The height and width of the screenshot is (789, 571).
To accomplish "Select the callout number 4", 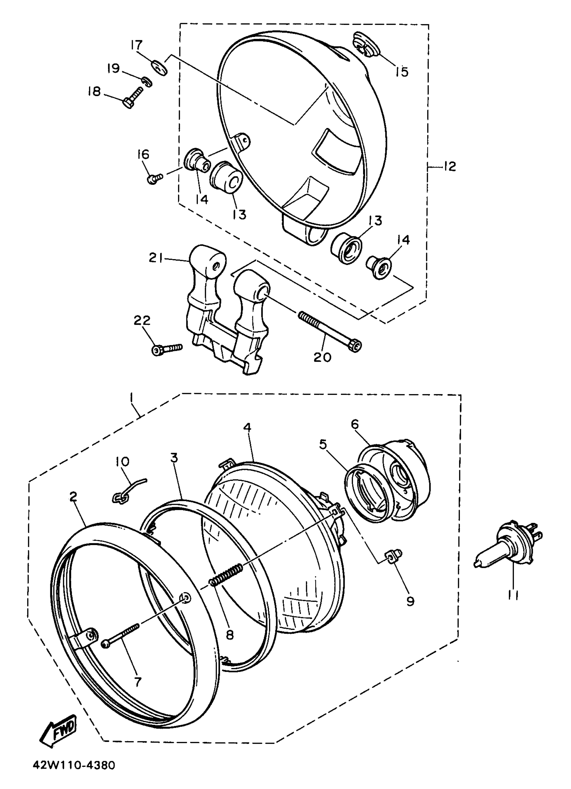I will pyautogui.click(x=247, y=428).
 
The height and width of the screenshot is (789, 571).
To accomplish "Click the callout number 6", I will pyautogui.click(x=355, y=425).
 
